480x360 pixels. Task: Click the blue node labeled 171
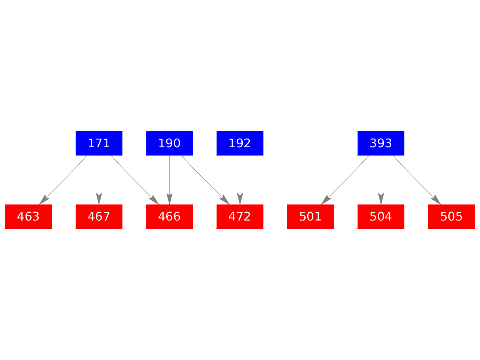(99, 143)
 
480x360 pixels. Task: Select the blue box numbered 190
(169, 143)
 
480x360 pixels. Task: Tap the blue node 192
(240, 143)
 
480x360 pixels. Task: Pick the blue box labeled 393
(381, 143)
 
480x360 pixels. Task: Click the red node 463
(28, 216)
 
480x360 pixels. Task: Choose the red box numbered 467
(99, 216)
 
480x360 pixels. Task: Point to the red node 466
(169, 216)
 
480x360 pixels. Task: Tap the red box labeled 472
(240, 216)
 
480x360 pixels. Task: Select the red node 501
(311, 216)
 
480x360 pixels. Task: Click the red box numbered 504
(381, 216)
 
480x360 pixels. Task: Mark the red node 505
(452, 216)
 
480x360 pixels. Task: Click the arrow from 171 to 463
(63, 180)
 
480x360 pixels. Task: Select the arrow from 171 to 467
(99, 180)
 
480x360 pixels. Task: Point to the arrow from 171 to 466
(135, 180)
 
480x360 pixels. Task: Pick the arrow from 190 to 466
(169, 180)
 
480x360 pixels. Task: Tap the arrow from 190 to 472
(205, 180)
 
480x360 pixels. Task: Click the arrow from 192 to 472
(240, 180)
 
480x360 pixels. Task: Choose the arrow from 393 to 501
(345, 180)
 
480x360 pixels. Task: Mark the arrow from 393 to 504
(381, 180)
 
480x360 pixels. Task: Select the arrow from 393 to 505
(417, 180)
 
